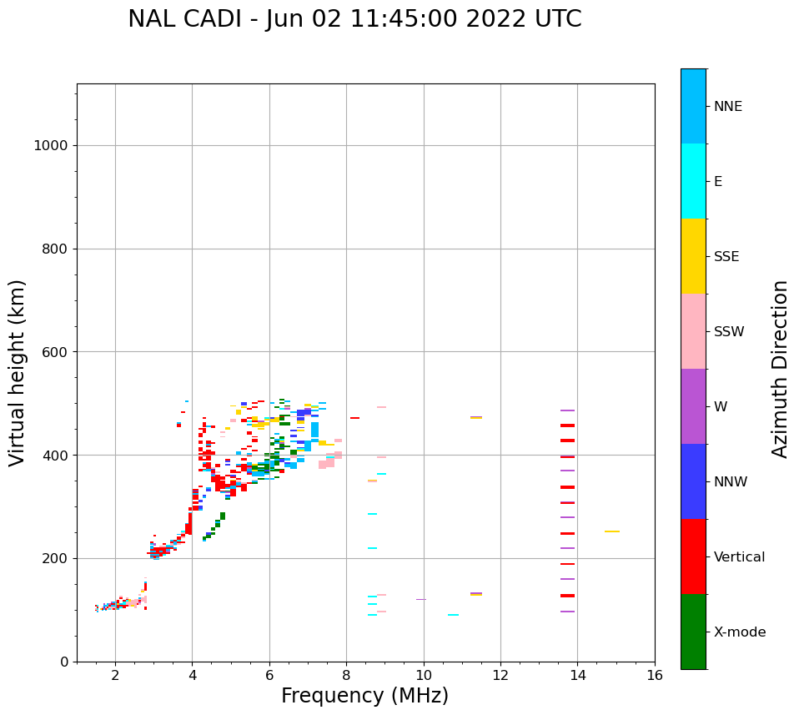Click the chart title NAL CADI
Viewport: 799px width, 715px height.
point(354,19)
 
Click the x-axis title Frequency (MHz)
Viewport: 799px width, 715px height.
point(364,696)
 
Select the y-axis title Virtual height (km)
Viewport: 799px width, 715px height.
point(18,373)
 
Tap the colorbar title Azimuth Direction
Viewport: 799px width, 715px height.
point(780,369)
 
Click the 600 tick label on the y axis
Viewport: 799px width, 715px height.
point(54,352)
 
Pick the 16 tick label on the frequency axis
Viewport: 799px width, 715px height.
point(655,675)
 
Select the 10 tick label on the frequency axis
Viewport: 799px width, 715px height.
point(424,675)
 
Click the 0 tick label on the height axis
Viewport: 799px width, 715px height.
point(63,662)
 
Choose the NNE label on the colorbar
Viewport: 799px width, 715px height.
point(727,107)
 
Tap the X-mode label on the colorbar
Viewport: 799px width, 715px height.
point(740,632)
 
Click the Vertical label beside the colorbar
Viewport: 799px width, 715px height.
point(740,557)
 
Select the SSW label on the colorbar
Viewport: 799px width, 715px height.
point(729,332)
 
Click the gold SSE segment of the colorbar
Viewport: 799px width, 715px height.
point(693,256)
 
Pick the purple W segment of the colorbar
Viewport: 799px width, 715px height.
point(693,406)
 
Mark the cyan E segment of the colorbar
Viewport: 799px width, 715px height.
point(693,181)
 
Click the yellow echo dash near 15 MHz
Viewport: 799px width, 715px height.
point(612,531)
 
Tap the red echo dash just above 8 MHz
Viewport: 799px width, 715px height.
point(355,418)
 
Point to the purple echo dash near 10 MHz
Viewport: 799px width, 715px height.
point(421,599)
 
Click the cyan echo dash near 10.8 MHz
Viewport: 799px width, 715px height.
point(453,615)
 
